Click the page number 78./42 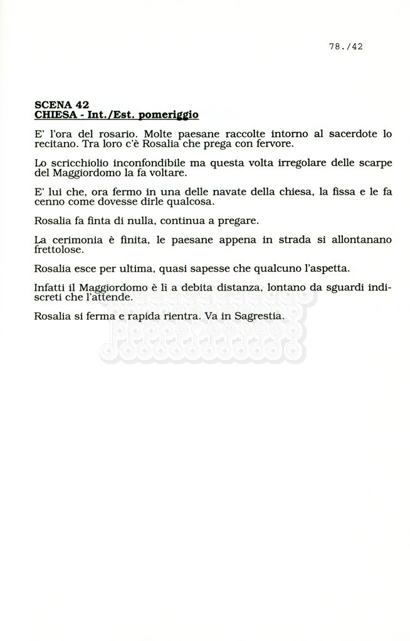coord(345,46)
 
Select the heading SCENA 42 coord(61,105)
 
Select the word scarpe coord(374,163)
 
